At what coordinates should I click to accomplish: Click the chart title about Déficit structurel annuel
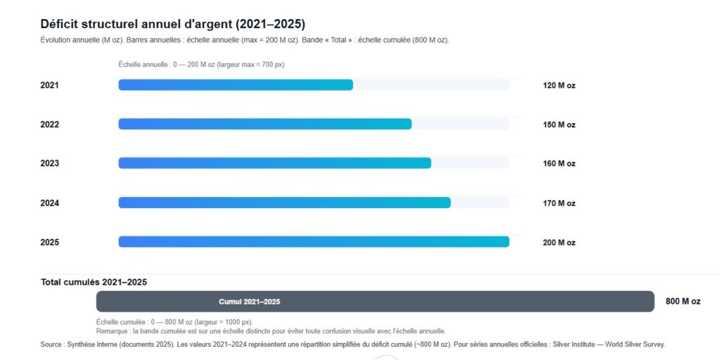coord(173,24)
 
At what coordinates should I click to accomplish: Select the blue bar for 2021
coord(236,85)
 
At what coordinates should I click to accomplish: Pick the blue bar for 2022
coord(264,124)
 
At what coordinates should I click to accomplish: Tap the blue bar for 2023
coord(274,163)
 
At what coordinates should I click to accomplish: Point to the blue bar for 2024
coord(284,203)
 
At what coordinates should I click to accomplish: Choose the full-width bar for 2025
coord(314,242)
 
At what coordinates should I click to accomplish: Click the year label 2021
coord(50,86)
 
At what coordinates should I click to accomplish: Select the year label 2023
coord(50,164)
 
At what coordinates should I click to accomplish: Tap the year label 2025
coord(50,243)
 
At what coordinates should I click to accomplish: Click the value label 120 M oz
coord(559,86)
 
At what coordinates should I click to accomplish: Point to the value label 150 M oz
coord(559,125)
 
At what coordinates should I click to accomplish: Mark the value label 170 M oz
coord(559,204)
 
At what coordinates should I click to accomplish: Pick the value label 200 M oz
coord(559,243)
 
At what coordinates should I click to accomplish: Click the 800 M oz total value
coord(683,302)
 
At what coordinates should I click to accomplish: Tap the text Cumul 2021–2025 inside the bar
coord(250,302)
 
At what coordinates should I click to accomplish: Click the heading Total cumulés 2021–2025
coord(94,283)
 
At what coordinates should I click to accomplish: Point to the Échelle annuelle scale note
coord(201,65)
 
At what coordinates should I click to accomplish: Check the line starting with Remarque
coord(271,331)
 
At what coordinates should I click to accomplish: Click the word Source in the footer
coord(51,345)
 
